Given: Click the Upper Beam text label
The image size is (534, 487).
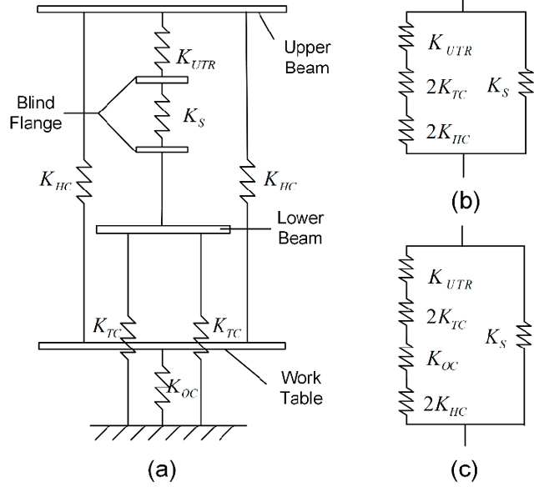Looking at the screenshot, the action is [x=307, y=58].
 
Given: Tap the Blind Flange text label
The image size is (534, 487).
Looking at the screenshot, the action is [x=36, y=113].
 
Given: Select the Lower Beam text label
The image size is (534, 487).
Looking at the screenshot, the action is [x=300, y=228].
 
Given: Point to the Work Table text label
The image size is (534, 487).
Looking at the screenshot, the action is [x=302, y=388].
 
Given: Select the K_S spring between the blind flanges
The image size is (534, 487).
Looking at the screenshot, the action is [x=162, y=115].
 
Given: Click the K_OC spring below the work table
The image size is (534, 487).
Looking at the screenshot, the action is [x=162, y=387].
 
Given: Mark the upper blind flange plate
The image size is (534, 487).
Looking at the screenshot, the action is [x=162, y=80].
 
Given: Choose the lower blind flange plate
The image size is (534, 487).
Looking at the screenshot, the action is [x=162, y=149].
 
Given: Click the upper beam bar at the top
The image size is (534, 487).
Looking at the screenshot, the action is [x=162, y=9].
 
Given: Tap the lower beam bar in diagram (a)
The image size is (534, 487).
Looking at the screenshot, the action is [x=164, y=229].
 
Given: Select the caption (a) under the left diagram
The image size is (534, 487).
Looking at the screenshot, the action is [x=162, y=470].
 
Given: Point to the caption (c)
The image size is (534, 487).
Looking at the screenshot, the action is [x=465, y=469].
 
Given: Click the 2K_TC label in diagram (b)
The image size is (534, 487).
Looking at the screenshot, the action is [x=446, y=88].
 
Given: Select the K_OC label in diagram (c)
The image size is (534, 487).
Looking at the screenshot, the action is [x=442, y=359].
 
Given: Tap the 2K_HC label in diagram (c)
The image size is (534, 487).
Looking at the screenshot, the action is [x=445, y=405].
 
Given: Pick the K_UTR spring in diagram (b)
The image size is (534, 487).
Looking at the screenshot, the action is [x=406, y=35].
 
